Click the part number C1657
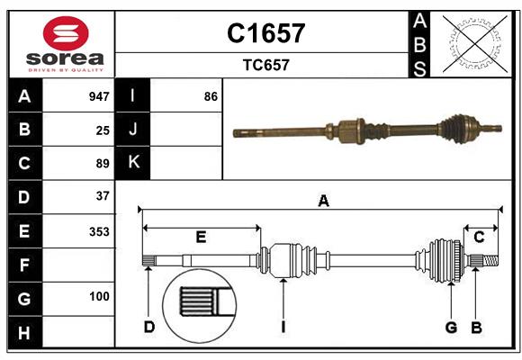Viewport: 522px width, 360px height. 265,33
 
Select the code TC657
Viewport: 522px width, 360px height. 265,65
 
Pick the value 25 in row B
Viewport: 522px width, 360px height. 103,130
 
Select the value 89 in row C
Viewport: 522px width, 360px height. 103,164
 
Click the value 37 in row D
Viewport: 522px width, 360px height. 103,196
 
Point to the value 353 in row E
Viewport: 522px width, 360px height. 99,231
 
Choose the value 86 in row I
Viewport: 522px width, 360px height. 211,96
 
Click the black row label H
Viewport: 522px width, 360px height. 24,333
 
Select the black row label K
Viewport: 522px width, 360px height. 133,163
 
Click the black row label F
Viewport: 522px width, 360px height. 24,265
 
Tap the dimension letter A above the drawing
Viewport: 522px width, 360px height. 323,202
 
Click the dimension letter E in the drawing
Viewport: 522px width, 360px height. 201,237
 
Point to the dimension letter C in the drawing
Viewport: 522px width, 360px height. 479,237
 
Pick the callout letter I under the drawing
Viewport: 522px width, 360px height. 282,327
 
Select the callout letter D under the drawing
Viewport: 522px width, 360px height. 149,327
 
